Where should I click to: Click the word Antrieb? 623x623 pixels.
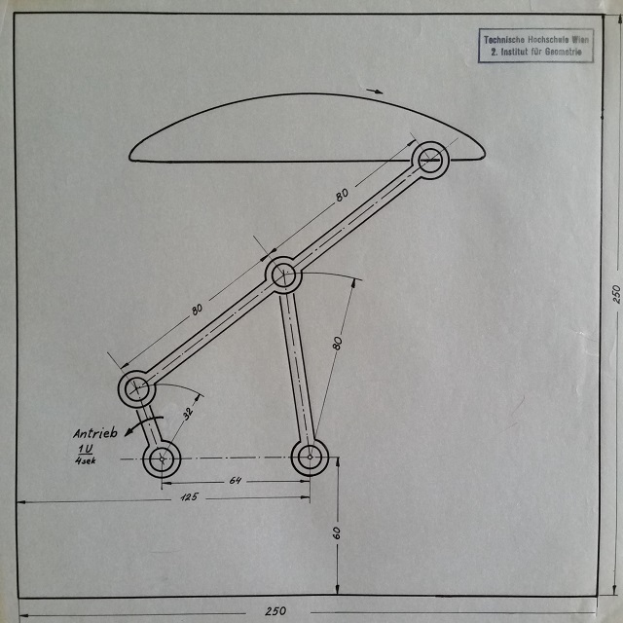[94, 432]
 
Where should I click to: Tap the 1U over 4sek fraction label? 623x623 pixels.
[85, 454]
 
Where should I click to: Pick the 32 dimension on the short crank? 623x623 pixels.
[188, 411]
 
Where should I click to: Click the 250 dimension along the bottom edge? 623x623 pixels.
[275, 610]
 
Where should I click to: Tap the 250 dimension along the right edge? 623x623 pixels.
[614, 294]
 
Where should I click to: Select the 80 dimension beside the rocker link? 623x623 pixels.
[337, 343]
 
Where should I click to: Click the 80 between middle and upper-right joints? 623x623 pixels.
[342, 195]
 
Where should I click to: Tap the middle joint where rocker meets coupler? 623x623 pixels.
[282, 275]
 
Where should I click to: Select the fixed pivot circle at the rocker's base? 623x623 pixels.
[311, 456]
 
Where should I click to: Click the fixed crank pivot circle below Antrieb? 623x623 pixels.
[162, 458]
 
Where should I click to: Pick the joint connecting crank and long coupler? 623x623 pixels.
[136, 389]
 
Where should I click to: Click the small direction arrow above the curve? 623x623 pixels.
[375, 92]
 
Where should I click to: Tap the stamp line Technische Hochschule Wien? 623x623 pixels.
[536, 39]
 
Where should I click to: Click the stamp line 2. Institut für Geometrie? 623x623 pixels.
[536, 51]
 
